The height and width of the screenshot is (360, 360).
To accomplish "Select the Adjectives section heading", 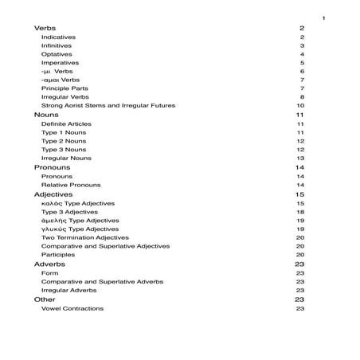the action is tap(53, 194).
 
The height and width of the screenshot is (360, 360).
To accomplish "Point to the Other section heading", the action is tap(45, 299).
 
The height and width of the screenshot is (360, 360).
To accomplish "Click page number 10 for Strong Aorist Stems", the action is tap(300, 106).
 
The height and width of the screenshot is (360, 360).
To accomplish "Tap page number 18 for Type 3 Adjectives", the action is tap(300, 212).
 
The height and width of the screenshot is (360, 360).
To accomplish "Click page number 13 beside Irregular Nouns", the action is tap(300, 158).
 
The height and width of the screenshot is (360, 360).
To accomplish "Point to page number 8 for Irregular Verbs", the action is tap(302, 97).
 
